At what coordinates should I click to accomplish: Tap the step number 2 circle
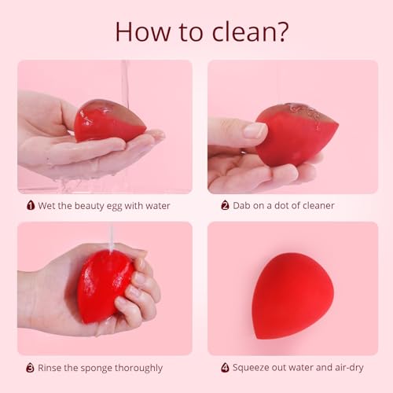(225, 206)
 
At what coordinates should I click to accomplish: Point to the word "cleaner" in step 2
(315, 206)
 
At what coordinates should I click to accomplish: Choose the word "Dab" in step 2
(243, 206)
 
